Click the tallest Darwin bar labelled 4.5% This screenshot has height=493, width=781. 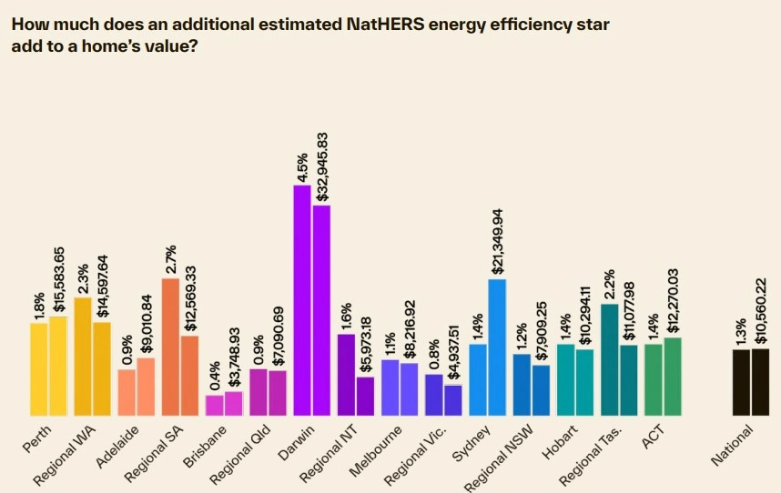(x=302, y=300)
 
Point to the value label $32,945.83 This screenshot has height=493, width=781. (x=322, y=166)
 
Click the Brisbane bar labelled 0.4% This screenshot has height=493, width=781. (x=215, y=406)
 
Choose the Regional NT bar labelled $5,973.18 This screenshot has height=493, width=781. (x=365, y=397)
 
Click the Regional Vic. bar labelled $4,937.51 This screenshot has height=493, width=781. (x=453, y=401)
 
